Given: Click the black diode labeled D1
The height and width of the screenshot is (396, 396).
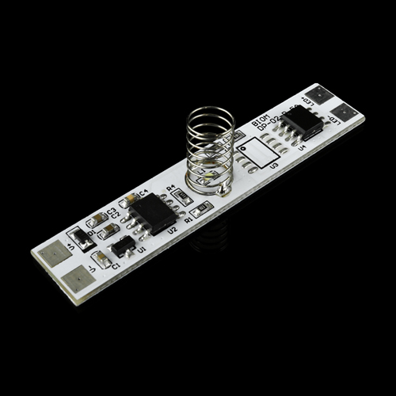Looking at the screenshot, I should (x=80, y=236).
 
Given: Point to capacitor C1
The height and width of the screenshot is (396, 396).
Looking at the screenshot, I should (x=101, y=259).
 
